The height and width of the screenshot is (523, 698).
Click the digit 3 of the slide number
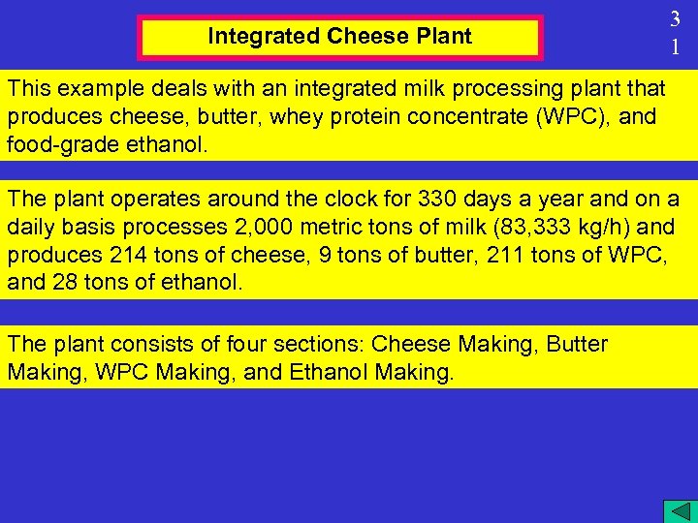pos(676,18)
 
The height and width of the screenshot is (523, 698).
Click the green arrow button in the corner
pos(676,510)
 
